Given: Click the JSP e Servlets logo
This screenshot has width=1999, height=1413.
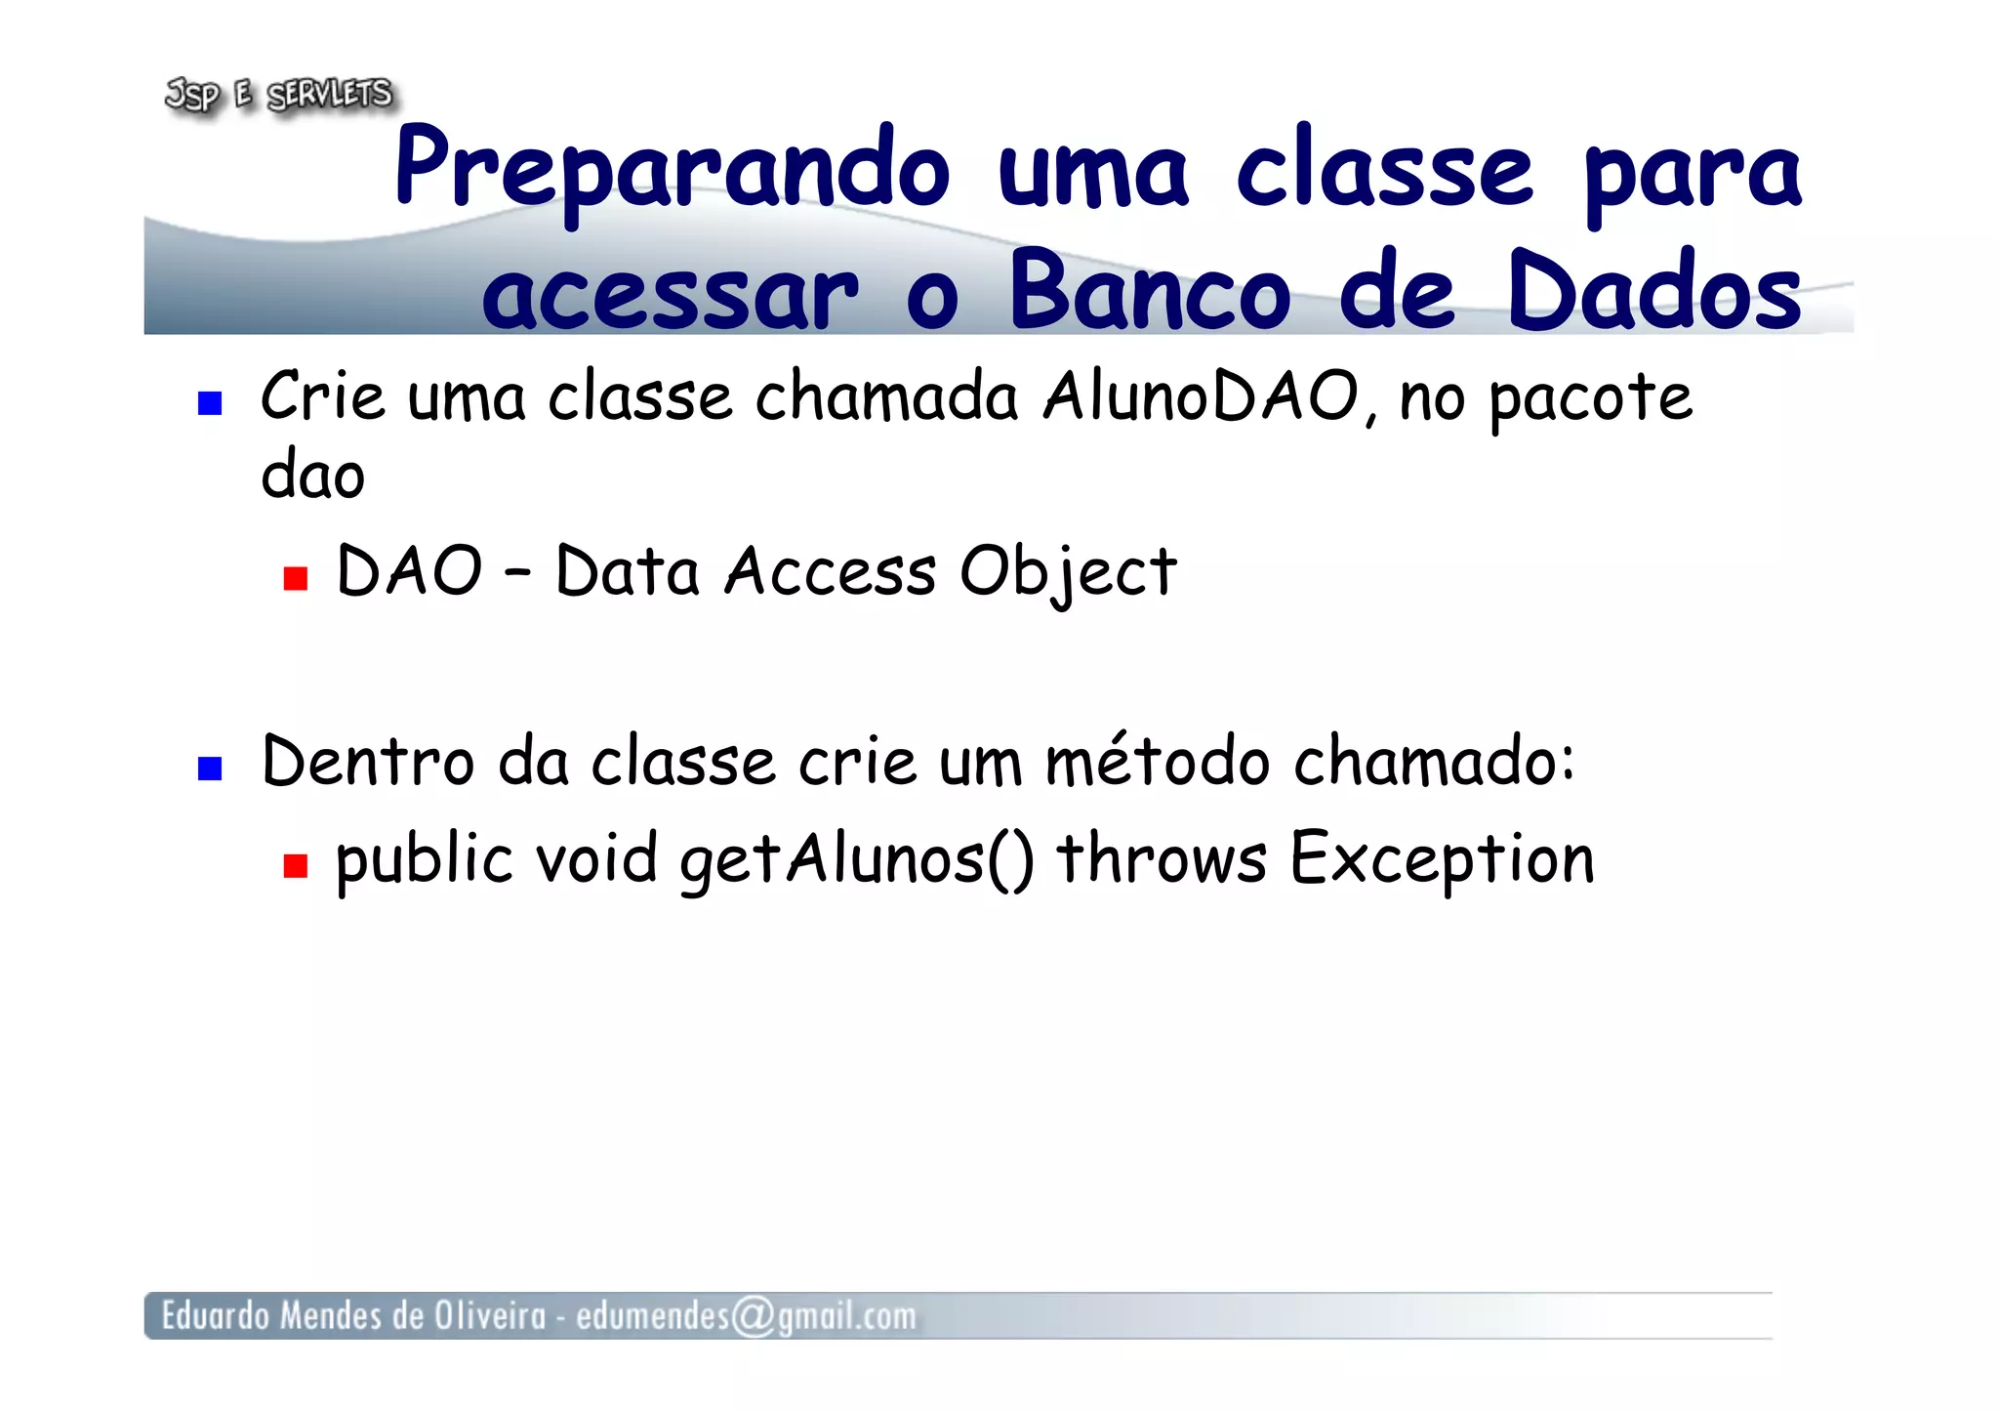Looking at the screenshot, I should click(x=279, y=95).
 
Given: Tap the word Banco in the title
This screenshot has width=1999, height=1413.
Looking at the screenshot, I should click(x=1150, y=291).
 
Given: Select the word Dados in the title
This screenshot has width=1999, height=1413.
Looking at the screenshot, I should click(x=1653, y=291).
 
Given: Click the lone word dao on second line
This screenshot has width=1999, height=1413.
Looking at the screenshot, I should click(x=312, y=476).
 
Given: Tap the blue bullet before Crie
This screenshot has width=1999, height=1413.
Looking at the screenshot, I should click(x=210, y=403).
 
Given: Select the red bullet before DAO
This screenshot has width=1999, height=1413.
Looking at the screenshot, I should click(x=295, y=579).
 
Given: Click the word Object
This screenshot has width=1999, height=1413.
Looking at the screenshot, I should click(x=1068, y=573).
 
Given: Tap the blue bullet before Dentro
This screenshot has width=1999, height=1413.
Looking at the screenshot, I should click(x=210, y=769).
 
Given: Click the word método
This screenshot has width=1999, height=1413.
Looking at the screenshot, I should click(x=1157, y=762).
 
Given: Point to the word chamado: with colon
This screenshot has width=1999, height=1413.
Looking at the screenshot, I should click(x=1434, y=762).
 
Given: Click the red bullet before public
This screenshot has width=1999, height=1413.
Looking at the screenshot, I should click(x=295, y=865).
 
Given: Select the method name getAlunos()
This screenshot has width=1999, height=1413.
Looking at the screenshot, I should click(x=856, y=860).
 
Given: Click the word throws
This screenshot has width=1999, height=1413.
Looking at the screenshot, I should click(x=1162, y=859).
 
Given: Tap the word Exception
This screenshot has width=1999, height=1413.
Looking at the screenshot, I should click(x=1442, y=860).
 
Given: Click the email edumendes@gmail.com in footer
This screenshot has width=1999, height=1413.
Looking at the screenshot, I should click(x=746, y=1316).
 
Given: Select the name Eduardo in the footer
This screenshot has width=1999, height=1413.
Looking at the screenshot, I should click(x=215, y=1316).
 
